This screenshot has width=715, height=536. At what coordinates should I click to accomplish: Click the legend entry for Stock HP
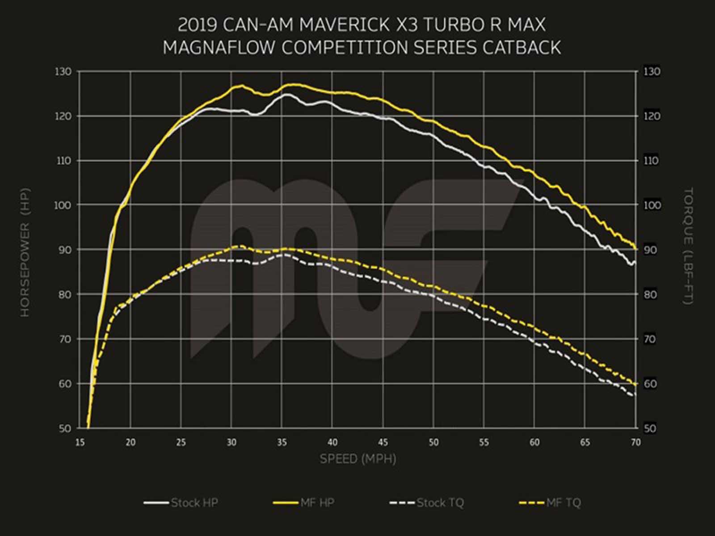(181, 503)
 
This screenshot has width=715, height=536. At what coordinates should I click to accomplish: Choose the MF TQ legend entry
(551, 503)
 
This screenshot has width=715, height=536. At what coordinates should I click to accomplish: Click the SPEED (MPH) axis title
(358, 459)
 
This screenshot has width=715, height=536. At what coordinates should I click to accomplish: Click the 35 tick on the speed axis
(282, 443)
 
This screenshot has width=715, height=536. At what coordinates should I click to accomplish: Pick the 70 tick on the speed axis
(635, 443)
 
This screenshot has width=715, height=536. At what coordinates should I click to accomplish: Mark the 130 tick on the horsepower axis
(63, 71)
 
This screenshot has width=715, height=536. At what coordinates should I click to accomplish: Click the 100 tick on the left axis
(63, 205)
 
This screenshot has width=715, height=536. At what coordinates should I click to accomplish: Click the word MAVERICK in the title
(344, 25)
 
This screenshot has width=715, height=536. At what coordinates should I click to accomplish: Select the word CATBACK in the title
(521, 47)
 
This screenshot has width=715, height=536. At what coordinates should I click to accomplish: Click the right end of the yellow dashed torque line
(635, 384)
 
